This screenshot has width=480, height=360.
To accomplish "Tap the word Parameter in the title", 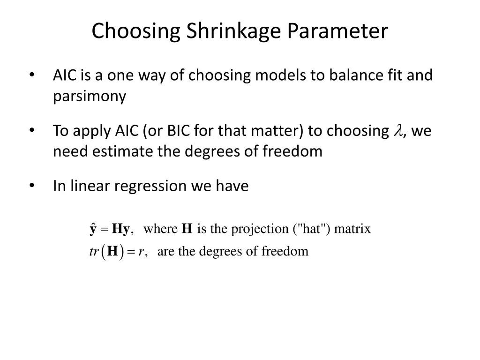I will (x=338, y=31).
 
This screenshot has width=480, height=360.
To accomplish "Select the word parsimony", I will (x=90, y=96).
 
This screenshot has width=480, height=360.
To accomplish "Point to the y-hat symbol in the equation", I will (x=93, y=229).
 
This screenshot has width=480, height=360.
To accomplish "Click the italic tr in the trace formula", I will (x=93, y=252).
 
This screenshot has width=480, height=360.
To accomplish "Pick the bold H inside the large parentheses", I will (x=112, y=252).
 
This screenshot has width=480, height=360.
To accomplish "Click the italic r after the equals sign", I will (x=141, y=252).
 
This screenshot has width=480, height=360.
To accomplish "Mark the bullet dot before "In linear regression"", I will (x=32, y=186).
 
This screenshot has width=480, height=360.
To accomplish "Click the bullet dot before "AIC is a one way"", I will (x=32, y=75).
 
